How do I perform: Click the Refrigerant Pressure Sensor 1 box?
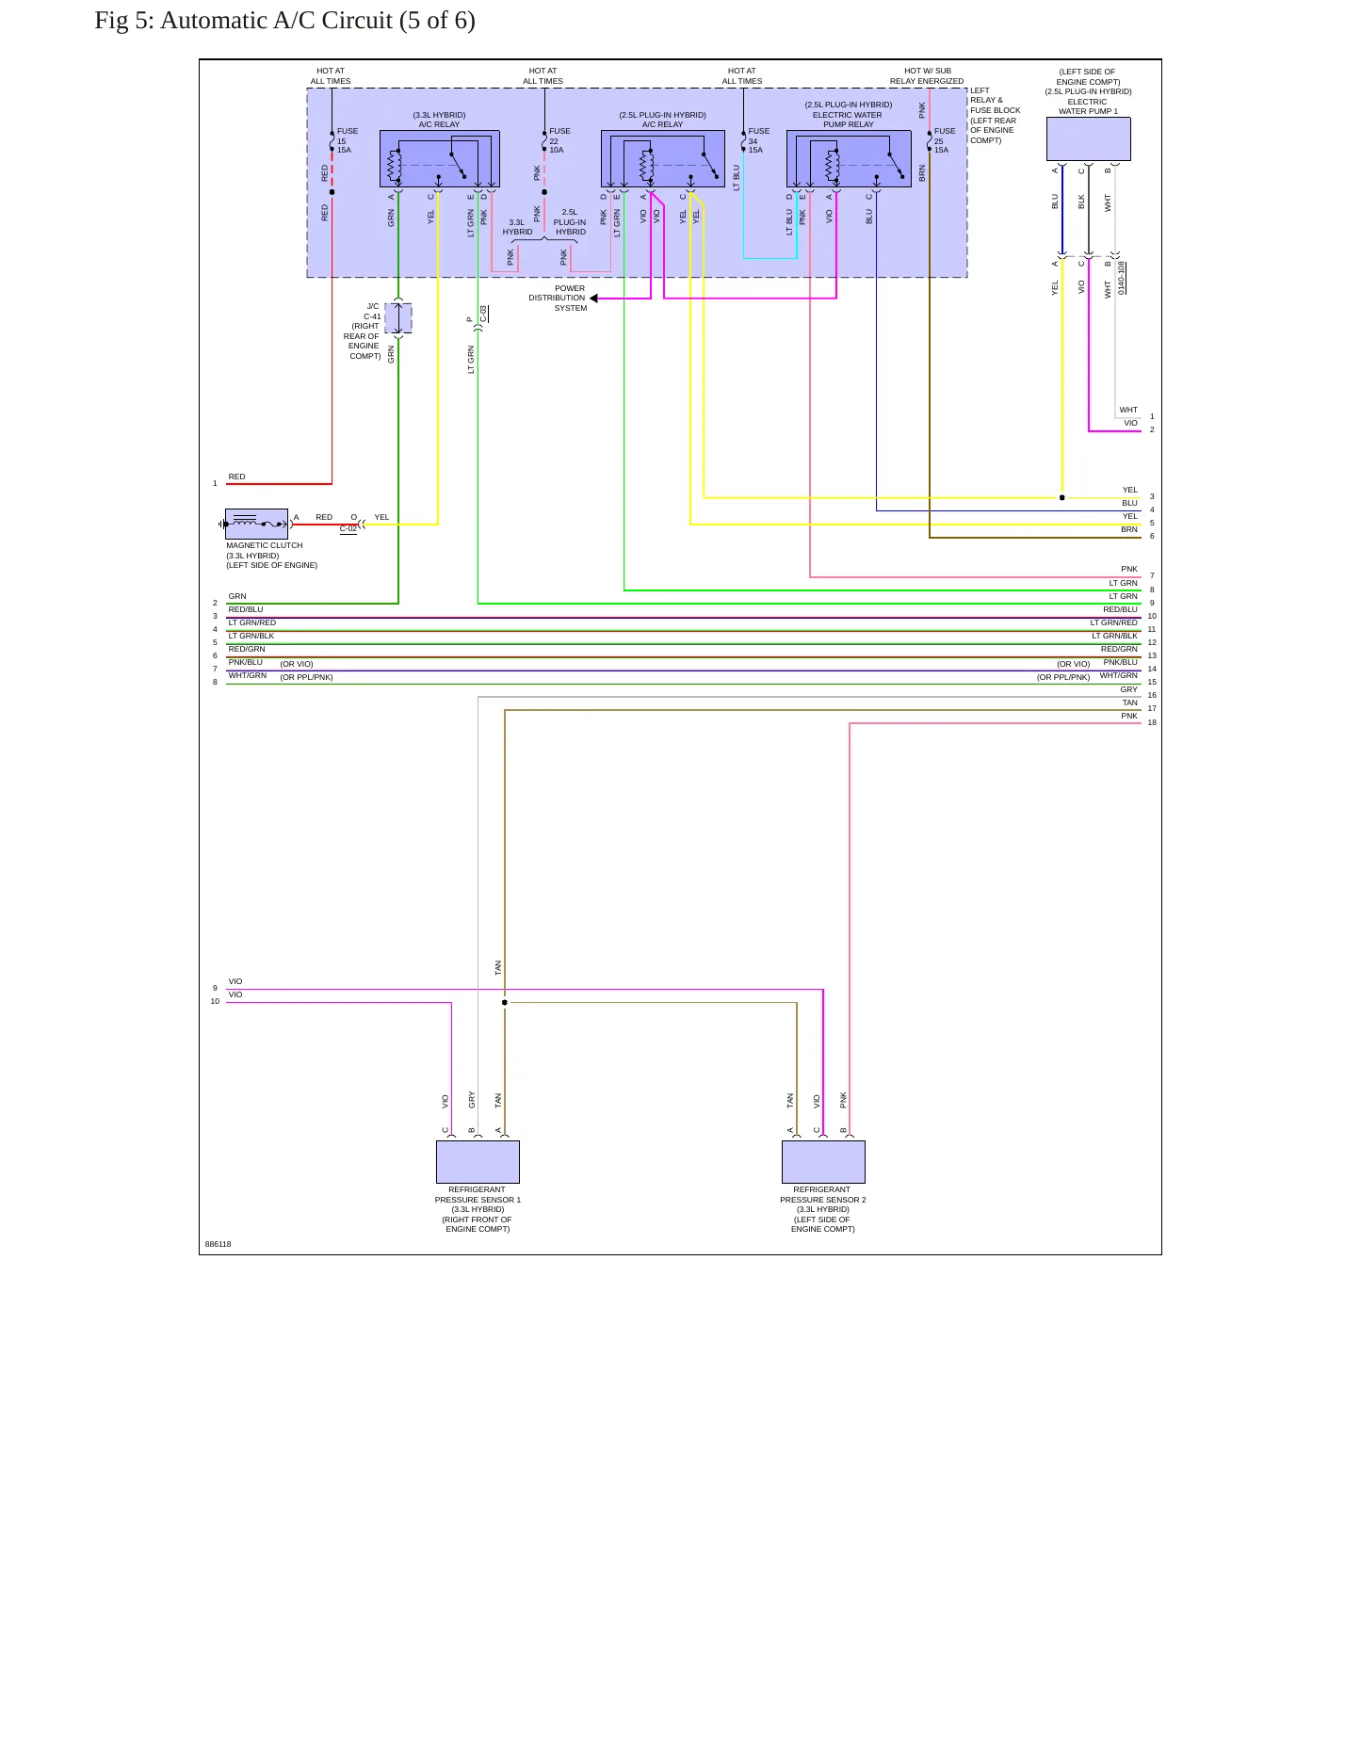pos(478,1162)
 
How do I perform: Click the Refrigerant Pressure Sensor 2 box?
pos(823,1162)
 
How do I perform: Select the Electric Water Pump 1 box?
pos(1088,139)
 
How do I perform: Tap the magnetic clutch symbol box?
pos(256,524)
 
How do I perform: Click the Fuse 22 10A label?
pos(559,140)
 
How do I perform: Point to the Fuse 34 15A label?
pos(758,140)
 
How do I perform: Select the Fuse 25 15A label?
pos(945,140)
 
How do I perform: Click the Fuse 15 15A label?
pos(348,140)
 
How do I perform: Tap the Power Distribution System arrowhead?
pos(593,299)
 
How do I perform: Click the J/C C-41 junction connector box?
pos(398,319)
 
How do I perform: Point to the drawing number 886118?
pos(218,1244)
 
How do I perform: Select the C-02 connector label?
pos(348,529)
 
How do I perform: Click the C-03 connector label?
pos(484,314)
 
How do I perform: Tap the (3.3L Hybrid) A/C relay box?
pos(439,158)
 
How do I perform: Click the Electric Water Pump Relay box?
pos(849,158)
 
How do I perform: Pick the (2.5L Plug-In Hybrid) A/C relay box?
pos(663,158)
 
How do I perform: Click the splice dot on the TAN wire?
pos(505,1003)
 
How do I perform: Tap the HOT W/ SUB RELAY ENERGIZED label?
pos(927,76)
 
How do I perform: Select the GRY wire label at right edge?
pos(1128,689)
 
